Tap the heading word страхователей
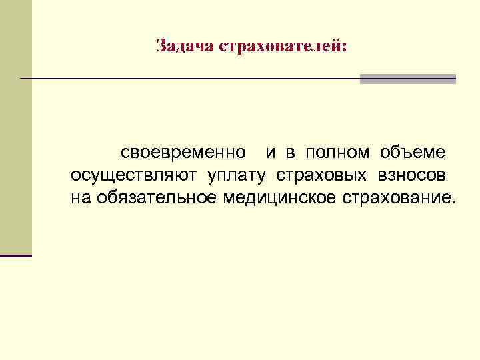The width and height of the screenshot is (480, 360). tap(280, 47)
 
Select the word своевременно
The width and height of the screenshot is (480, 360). tap(183, 153)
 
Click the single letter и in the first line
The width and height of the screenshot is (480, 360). tap(271, 153)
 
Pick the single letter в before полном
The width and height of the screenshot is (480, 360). tap(291, 153)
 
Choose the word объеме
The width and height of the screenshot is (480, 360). tap(413, 153)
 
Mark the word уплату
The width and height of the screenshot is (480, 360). tap(230, 176)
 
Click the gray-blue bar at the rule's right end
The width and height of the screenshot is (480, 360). tap(407, 79)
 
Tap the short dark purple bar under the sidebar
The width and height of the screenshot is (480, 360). tap(16, 255)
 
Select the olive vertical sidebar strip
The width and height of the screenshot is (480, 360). tap(15, 127)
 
